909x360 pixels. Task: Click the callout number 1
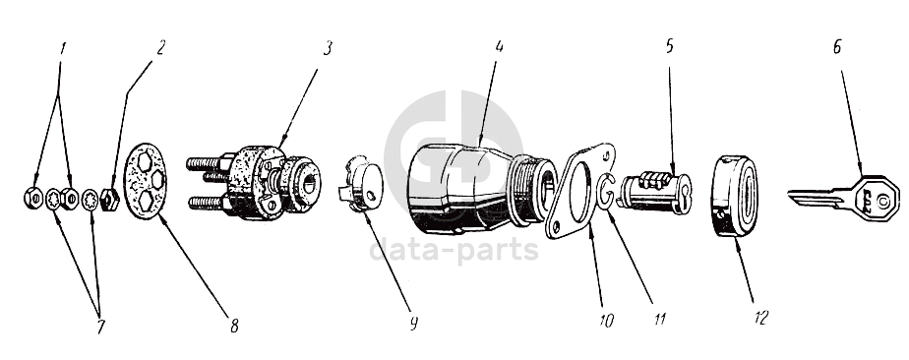[62, 48]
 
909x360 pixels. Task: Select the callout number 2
[160, 47]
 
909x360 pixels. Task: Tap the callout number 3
[328, 48]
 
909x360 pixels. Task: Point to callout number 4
[499, 47]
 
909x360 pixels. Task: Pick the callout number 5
[670, 46]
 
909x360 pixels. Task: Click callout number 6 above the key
[836, 47]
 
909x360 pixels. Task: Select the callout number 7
[101, 327]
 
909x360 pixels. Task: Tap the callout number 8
[233, 327]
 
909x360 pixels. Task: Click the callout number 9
[413, 324]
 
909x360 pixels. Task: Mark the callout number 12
[761, 318]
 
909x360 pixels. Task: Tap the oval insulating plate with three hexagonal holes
[145, 181]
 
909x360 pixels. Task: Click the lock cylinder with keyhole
[654, 191]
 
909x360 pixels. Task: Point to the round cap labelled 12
[734, 196]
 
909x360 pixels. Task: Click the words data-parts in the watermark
[454, 250]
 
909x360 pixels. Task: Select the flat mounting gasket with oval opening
[579, 191]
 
